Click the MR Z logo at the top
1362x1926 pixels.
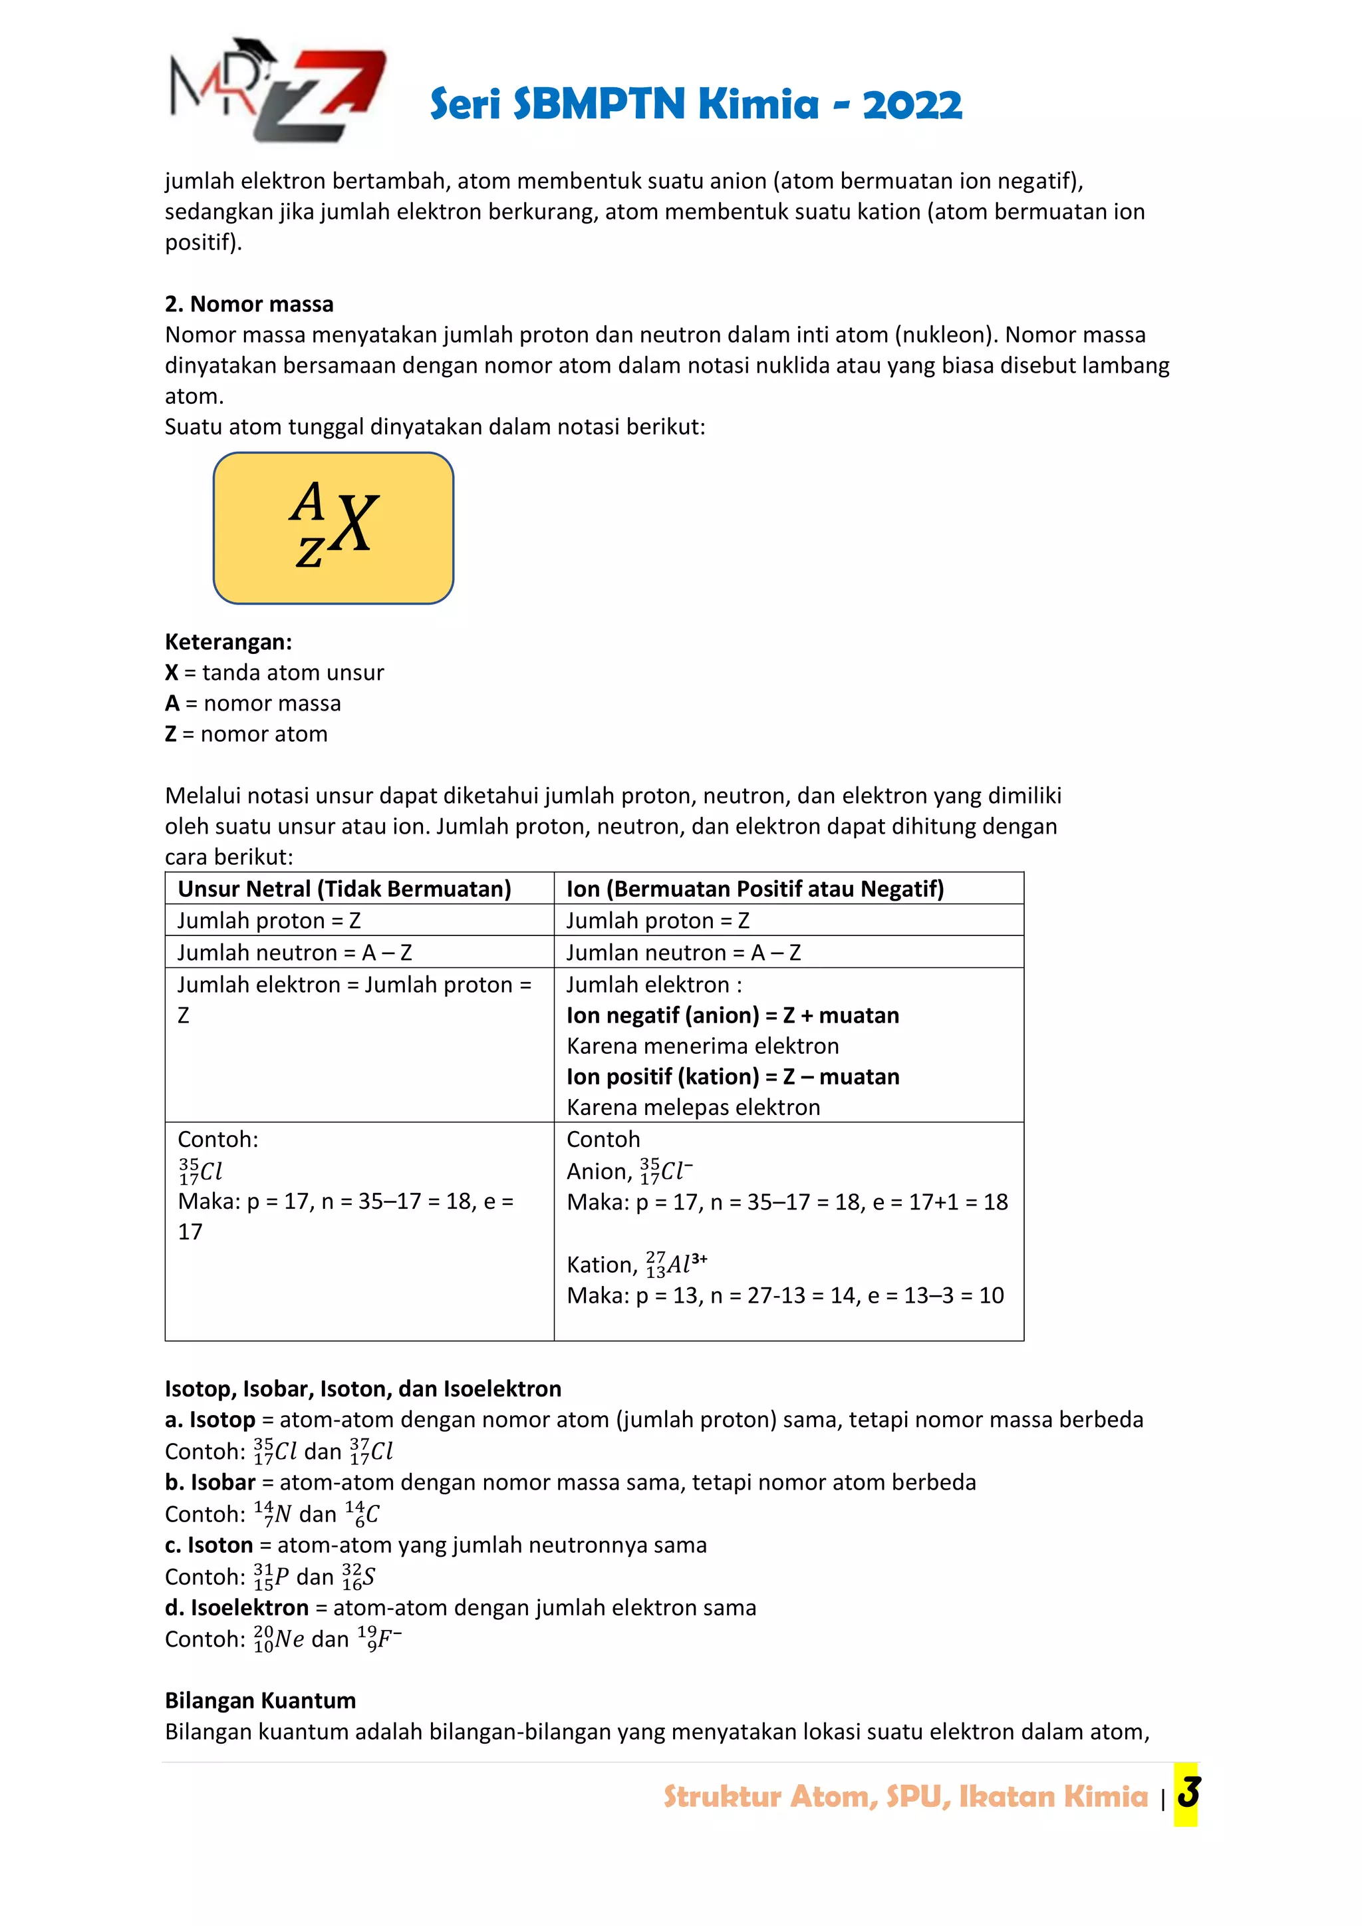coord(277,90)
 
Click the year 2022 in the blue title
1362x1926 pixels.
coord(912,105)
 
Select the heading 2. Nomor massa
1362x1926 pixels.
coord(249,303)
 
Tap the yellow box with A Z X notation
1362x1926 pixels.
coord(334,528)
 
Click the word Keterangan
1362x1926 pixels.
coord(228,642)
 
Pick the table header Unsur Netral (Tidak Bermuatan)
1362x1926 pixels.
coord(344,888)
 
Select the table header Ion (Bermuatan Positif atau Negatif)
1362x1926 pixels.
coord(755,888)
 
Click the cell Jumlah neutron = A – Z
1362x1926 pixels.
coord(295,952)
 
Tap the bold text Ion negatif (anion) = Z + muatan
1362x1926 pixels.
coord(732,1015)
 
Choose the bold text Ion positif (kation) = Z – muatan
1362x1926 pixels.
coord(732,1076)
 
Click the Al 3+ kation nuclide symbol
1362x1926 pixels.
coord(676,1263)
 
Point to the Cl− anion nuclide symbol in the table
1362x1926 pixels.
coord(666,1170)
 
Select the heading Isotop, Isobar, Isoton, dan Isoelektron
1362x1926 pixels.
coord(362,1388)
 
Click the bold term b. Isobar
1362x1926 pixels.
coord(209,1482)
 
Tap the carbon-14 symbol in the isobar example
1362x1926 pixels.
coord(362,1514)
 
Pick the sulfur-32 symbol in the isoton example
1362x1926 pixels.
coord(358,1576)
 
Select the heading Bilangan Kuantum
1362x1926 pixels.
coord(260,1700)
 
